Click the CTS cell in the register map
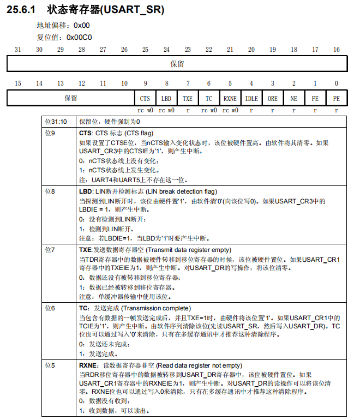point(145,98)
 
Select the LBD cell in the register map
point(166,98)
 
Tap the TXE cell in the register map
point(188,98)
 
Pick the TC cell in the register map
point(209,98)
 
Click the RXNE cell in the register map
point(230,98)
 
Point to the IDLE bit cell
point(251,98)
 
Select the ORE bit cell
point(273,98)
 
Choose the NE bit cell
point(294,98)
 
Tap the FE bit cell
point(315,98)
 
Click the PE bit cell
point(337,98)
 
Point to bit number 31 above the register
point(18,50)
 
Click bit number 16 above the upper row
point(337,50)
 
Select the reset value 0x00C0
point(79,38)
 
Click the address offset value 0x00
point(82,26)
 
